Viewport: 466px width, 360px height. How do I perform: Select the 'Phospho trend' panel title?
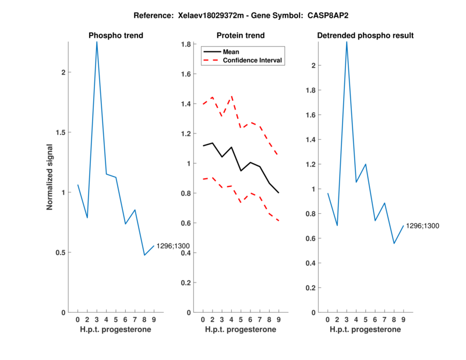coord(115,36)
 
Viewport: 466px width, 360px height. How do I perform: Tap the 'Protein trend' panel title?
coord(240,36)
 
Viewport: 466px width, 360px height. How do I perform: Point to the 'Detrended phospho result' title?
coord(365,36)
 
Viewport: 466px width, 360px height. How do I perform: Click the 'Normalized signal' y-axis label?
coord(50,177)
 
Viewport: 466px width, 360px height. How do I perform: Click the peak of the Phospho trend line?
coord(97,42)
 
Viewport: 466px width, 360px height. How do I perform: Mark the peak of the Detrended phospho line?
coord(347,42)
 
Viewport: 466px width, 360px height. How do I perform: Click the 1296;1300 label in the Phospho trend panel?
coord(173,246)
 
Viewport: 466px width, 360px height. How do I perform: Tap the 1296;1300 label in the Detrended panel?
coord(422,225)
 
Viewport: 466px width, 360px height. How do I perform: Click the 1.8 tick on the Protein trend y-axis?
coord(188,44)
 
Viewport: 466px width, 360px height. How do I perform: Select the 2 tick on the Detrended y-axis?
coord(315,65)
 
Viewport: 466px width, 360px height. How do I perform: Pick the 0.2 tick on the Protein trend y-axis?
coord(188,283)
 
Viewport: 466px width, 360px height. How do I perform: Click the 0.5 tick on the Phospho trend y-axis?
coord(63,252)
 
